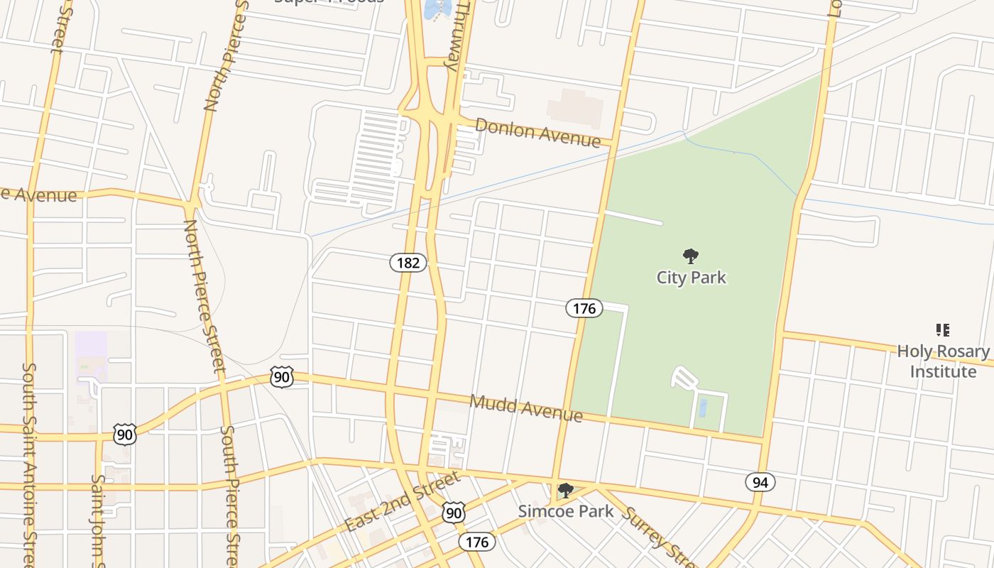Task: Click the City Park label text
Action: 691,277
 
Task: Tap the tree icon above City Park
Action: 690,256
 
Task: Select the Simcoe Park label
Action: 565,510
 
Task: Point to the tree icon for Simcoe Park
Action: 566,491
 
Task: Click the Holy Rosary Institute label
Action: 943,361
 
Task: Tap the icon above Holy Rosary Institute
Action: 943,329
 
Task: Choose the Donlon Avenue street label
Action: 537,132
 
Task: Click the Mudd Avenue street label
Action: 526,408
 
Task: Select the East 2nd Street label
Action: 402,502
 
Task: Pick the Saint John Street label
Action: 98,518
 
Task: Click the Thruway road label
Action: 458,35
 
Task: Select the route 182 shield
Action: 408,263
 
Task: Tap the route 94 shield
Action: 760,483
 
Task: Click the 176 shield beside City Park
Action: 584,308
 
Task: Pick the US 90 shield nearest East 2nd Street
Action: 454,513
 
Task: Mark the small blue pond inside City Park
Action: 703,408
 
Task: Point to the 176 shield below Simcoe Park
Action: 477,542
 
